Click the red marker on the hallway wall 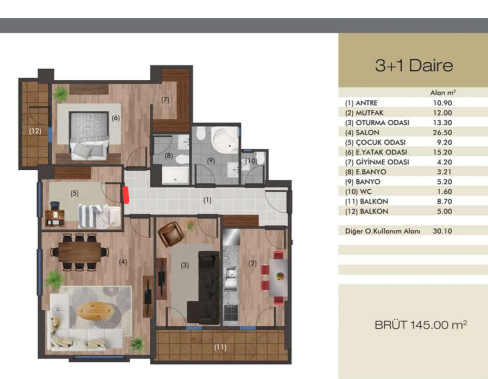pos(126,195)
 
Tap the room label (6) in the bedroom pos(116,118)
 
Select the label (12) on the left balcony pos(35,131)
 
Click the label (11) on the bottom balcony pos(220,347)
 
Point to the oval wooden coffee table pos(95,311)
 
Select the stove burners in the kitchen pos(231,313)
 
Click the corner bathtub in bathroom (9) pos(224,140)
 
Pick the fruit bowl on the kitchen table pos(280,276)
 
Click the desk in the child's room pos(55,217)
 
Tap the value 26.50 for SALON pos(442,132)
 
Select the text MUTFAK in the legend pos(370,113)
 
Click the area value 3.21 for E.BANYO pos(444,172)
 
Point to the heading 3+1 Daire pos(414,65)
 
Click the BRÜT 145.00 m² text pos(421,325)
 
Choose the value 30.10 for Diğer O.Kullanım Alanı pos(442,231)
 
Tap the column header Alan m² pos(443,93)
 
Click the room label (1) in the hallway pos(207,200)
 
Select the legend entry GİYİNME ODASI pos(382,162)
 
